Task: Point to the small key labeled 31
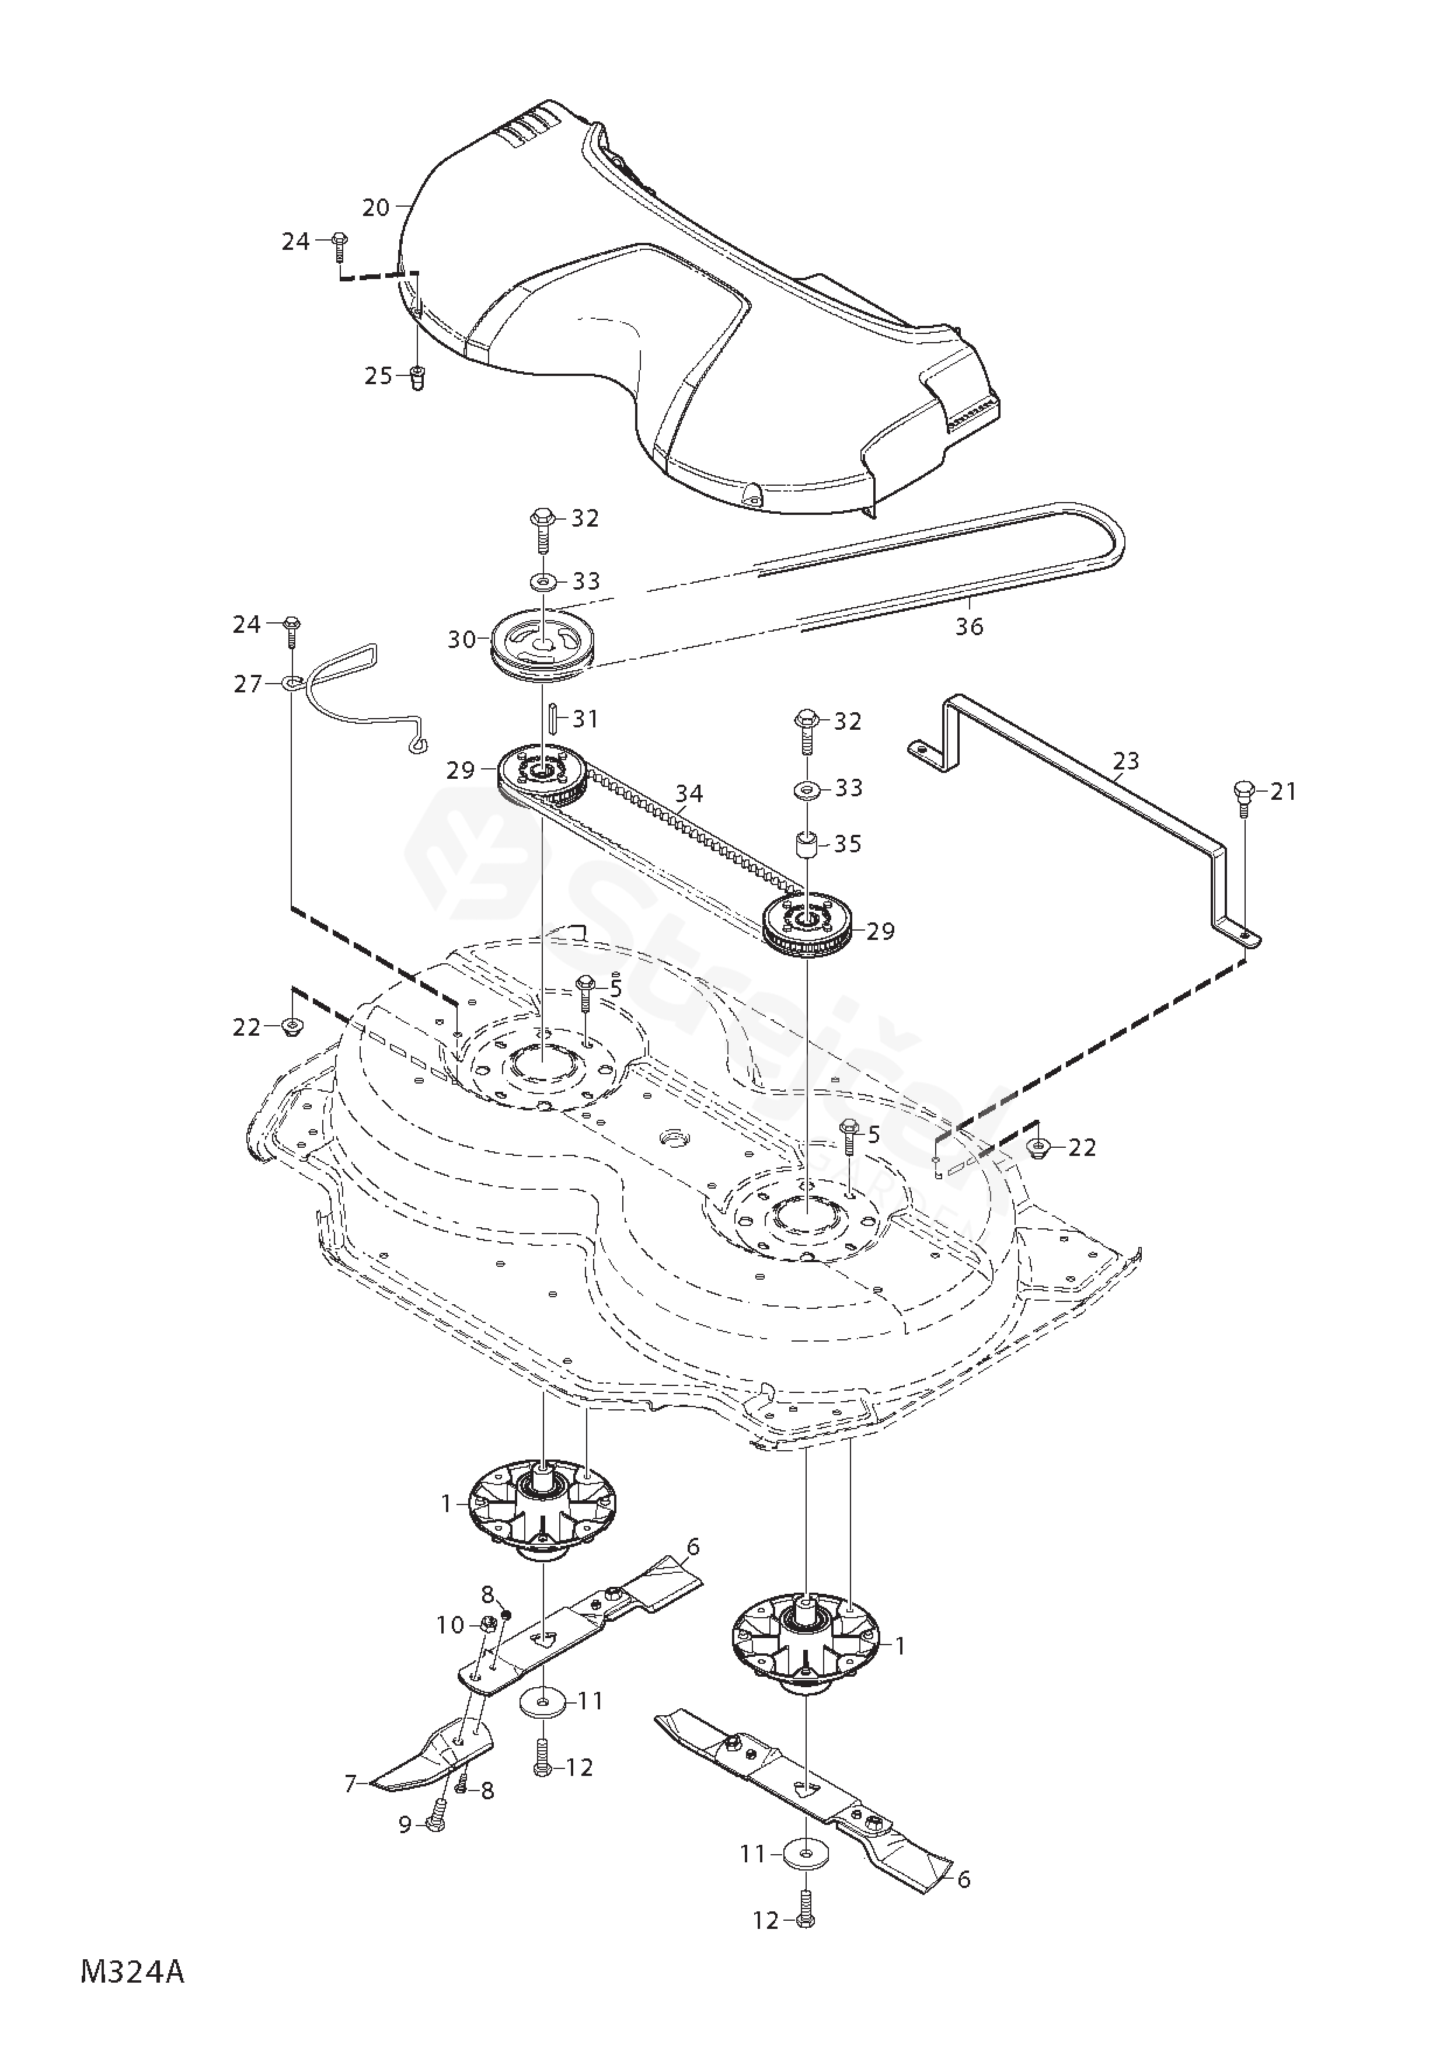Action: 553,719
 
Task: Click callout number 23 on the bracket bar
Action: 1127,761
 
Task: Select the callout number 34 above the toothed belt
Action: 688,793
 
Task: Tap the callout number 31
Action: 585,719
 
